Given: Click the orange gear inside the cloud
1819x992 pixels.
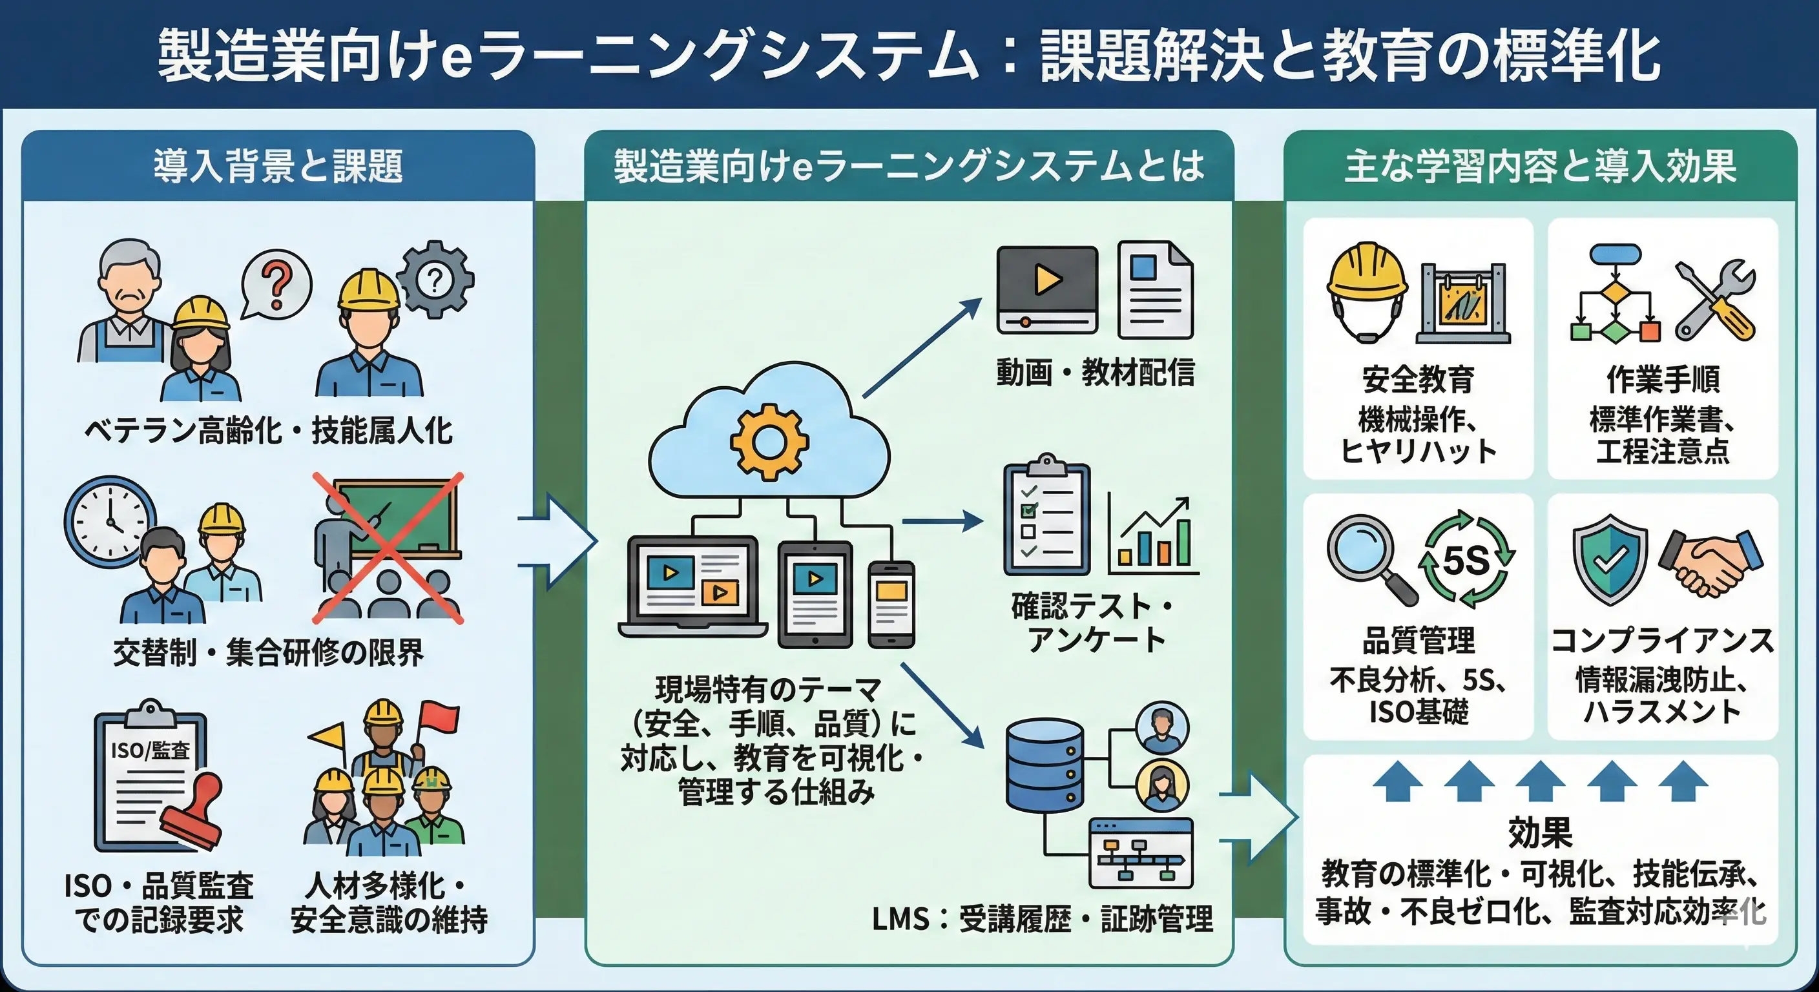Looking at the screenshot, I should pos(769,442).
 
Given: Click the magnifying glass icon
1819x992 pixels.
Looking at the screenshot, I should pos(1369,559).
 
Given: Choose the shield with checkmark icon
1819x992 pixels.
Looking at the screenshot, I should pos(1609,559).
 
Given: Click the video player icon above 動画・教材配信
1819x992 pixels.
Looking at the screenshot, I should pos(1046,289).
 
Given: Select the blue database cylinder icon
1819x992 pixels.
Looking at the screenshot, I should pos(1045,765).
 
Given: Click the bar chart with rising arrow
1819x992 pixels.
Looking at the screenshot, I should pos(1153,536).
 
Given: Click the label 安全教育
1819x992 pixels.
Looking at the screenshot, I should pos(1418,379).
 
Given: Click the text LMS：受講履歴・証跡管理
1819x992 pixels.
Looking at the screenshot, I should pos(1041,918).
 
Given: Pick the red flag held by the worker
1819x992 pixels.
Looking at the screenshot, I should pos(439,719).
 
